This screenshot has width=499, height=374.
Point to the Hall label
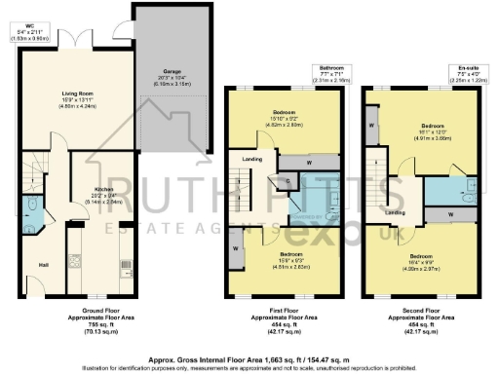pyautogui.click(x=42, y=263)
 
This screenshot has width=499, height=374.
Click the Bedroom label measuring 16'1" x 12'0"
pyautogui.click(x=432, y=127)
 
